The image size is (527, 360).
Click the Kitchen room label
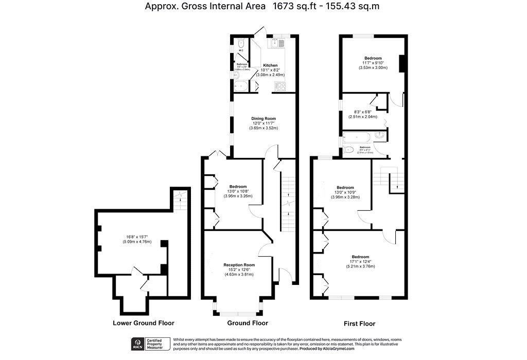click(270, 65)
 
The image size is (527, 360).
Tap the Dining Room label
click(263, 119)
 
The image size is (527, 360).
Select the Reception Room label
click(239, 265)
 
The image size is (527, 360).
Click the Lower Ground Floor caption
click(143, 323)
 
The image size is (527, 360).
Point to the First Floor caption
click(359, 324)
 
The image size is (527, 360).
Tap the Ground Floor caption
click(248, 323)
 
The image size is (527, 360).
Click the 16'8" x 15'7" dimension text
click(138, 237)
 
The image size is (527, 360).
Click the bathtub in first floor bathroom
click(355, 137)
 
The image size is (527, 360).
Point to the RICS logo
click(138, 344)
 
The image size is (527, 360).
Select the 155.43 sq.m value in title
click(354, 7)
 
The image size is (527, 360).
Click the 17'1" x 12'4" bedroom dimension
click(360, 261)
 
